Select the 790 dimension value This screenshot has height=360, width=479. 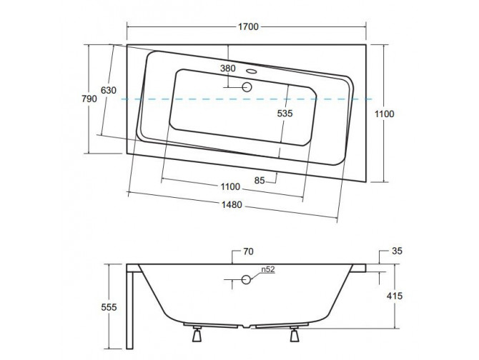coord(89,99)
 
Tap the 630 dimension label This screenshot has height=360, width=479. coord(108,91)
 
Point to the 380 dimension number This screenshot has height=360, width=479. coord(227,69)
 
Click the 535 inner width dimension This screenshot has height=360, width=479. coord(285,113)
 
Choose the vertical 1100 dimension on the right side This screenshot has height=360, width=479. coord(384,113)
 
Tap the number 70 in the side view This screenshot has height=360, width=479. coord(249,251)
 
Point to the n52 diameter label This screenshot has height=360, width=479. coord(267,270)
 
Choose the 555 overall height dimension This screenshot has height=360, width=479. coord(109,307)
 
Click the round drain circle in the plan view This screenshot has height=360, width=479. coord(247,87)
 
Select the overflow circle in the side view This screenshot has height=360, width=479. coord(245,279)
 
